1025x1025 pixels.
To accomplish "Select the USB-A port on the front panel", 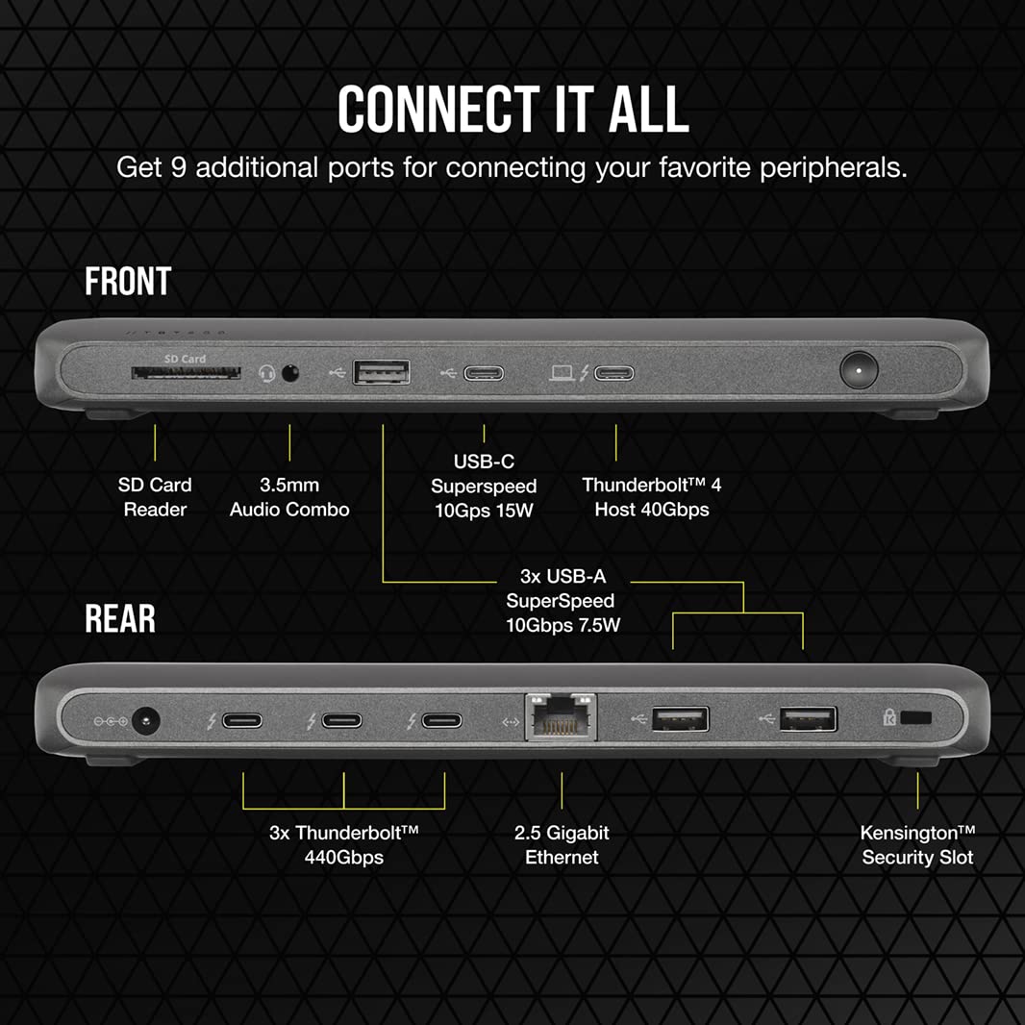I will pos(382,371).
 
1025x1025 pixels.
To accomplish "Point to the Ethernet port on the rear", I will pos(561,718).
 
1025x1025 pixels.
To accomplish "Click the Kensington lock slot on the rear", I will pos(920,717).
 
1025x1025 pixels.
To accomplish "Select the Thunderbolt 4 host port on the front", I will pos(613,372).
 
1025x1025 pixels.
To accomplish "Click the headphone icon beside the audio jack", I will pos(267,372).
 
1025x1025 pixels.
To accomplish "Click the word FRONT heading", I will pos(128,282).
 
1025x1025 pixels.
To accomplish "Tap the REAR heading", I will pos(120,619).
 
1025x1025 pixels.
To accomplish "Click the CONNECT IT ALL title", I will pos(512,110).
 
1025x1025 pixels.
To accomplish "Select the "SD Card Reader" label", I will pos(155,497).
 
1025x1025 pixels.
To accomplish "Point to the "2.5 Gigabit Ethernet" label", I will pos(562,844).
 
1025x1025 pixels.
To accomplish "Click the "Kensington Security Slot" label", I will pos(917,844).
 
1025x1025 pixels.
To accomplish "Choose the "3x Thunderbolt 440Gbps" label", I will pos(343,844).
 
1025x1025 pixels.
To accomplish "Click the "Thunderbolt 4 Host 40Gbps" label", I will pos(651,497).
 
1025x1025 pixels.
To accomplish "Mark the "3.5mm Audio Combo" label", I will pos(289,497).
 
